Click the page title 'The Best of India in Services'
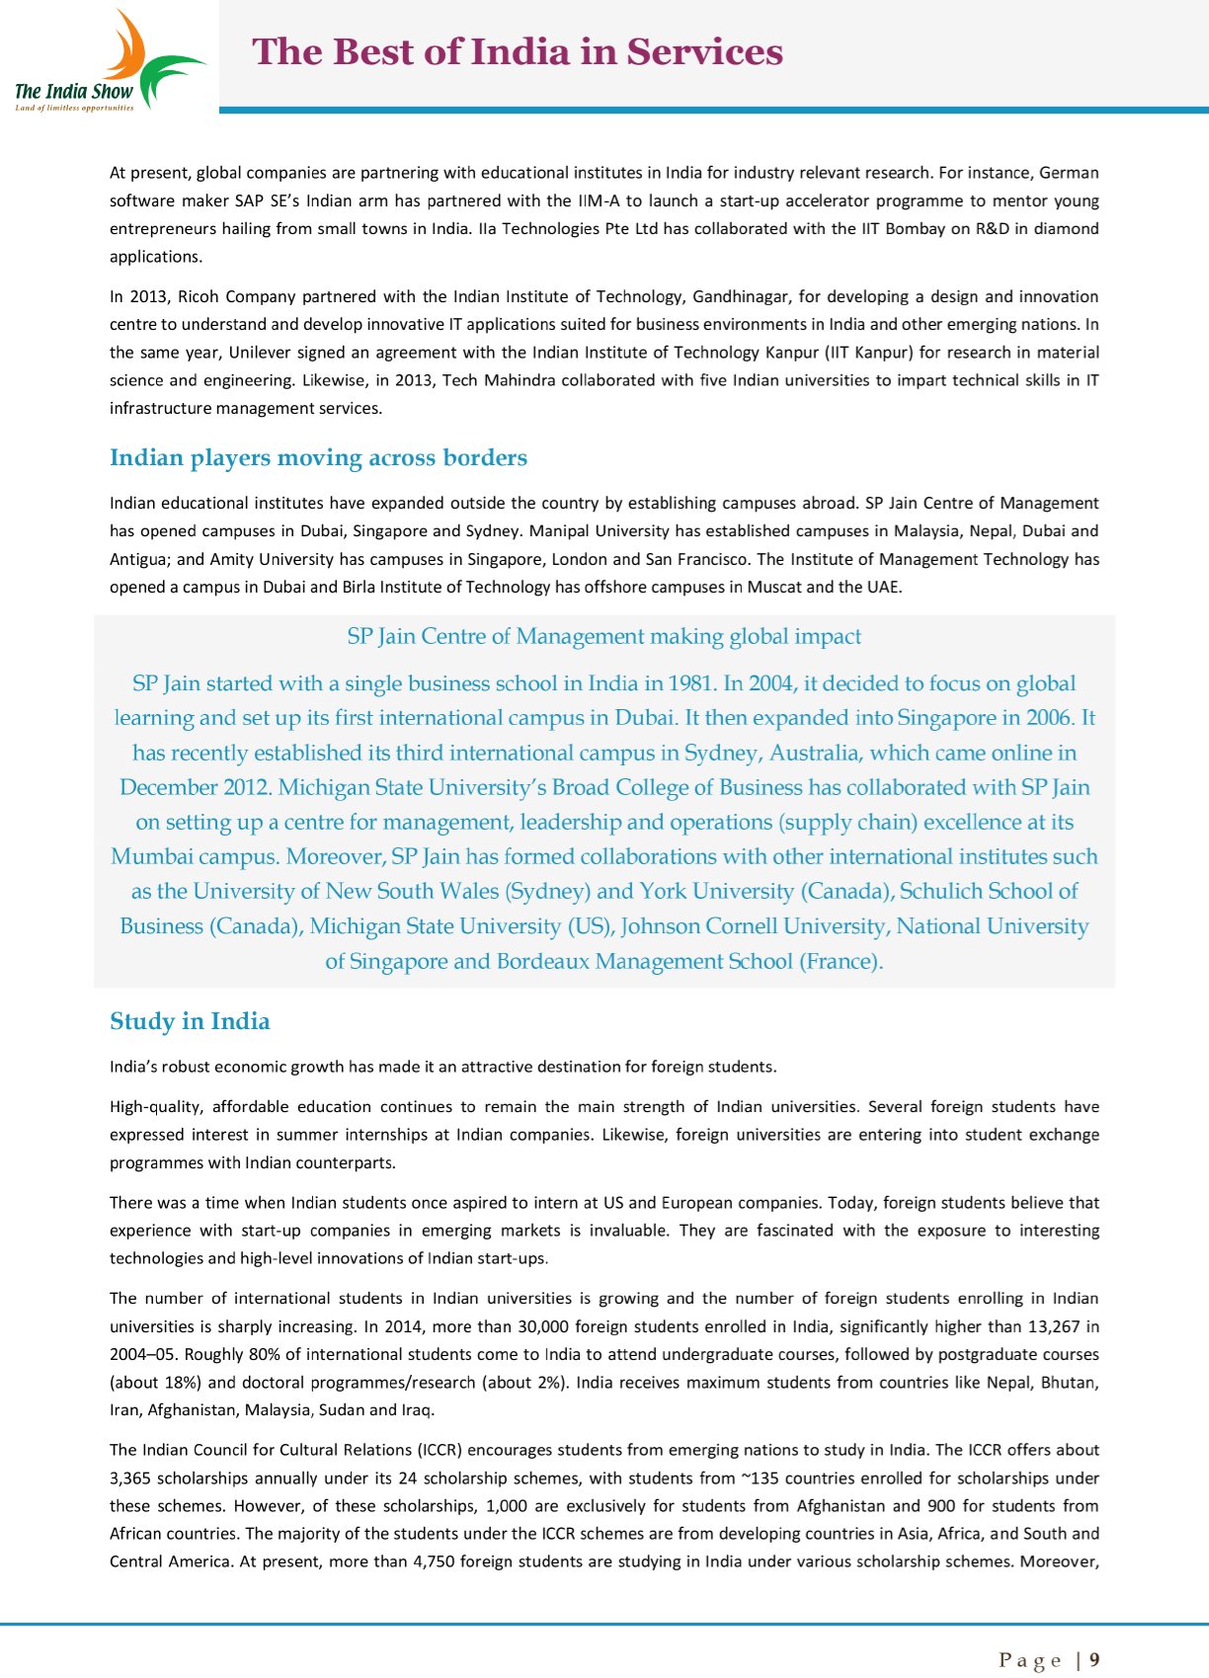click(x=518, y=52)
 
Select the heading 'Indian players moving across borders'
click(x=318, y=458)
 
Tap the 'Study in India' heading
click(x=190, y=1021)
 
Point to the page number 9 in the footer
click(x=1094, y=1660)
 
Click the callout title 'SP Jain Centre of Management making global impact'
click(x=604, y=637)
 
